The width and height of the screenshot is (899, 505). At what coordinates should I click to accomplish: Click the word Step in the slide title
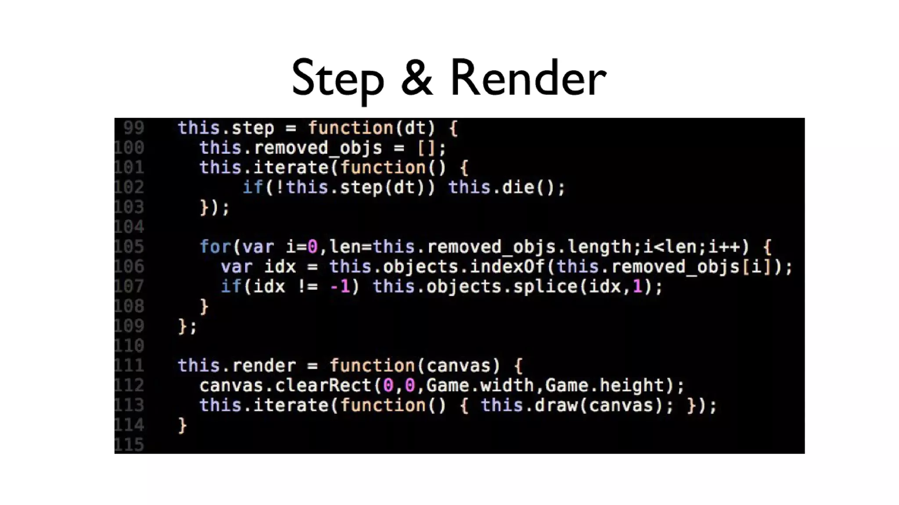point(337,79)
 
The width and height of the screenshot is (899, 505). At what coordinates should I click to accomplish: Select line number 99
point(133,128)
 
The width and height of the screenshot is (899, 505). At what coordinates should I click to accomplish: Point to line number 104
point(129,227)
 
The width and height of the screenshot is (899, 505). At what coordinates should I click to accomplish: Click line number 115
point(129,445)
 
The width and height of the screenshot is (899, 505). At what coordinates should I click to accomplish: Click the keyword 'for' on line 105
point(215,247)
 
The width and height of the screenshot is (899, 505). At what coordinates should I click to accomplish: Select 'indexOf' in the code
point(507,267)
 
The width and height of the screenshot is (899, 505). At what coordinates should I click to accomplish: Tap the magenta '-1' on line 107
point(340,287)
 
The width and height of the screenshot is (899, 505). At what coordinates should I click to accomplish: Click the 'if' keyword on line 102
point(253,188)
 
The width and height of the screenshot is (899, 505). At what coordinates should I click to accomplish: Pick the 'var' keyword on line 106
point(237,267)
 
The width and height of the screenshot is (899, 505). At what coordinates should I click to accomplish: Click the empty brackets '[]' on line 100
point(426,148)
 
